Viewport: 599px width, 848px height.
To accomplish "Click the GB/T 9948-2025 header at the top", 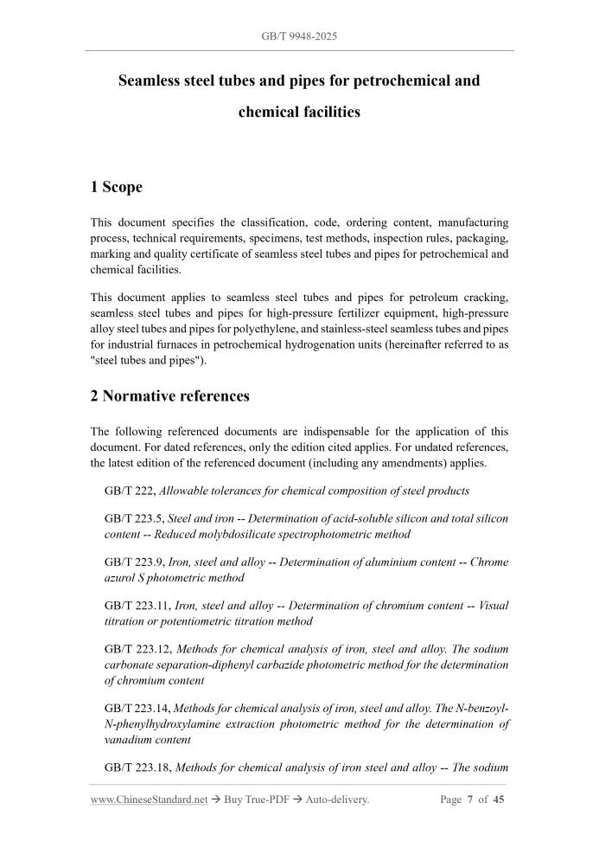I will point(299,38).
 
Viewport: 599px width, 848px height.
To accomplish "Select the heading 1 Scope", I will point(117,187).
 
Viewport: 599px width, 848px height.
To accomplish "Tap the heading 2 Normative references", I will point(170,396).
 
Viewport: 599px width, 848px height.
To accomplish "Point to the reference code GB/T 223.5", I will point(134,518).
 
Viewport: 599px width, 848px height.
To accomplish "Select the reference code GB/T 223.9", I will point(134,562).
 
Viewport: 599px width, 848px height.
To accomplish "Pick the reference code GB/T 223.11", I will point(137,606).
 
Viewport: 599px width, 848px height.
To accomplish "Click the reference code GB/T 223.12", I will point(137,649).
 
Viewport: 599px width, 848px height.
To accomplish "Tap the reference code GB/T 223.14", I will point(137,709).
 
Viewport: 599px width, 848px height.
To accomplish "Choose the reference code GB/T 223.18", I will point(137,768).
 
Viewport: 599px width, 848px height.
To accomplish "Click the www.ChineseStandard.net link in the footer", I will point(149,800).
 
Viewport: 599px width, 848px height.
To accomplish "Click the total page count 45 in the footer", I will point(499,800).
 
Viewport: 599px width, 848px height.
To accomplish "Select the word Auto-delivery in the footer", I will point(334,800).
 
